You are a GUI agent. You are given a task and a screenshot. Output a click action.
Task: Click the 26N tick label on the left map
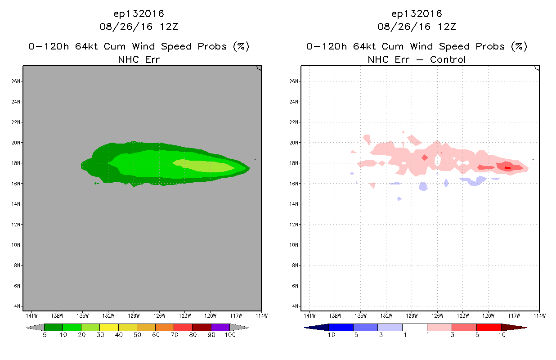[x=16, y=81]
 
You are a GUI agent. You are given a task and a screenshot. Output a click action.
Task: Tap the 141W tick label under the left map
[x=32, y=316]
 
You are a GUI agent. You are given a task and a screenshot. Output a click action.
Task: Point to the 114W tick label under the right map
[x=540, y=316]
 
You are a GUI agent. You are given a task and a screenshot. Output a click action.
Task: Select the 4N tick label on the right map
[x=295, y=306]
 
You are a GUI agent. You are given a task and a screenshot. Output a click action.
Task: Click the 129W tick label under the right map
[x=412, y=316]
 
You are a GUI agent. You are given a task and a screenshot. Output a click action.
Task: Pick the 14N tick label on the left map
[x=16, y=204]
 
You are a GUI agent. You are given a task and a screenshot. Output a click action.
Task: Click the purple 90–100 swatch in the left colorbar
[x=220, y=327]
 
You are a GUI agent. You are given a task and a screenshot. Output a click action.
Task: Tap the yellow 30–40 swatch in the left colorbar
[x=109, y=327]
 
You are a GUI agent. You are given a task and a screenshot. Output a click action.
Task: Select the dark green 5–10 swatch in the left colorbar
[x=54, y=327]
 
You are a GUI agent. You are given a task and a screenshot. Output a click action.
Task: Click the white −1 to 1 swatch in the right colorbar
[x=415, y=327]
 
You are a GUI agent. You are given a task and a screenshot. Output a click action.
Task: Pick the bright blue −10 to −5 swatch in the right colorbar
[x=341, y=327]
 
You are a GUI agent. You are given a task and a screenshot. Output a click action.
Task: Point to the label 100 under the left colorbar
[x=230, y=335]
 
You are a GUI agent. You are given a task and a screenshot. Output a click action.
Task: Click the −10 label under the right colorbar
[x=329, y=335]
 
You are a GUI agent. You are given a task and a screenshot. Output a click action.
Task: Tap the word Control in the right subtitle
[x=448, y=59]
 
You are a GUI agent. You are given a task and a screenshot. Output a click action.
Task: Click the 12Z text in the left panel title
[x=169, y=27]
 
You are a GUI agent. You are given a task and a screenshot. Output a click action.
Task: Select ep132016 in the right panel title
[x=417, y=14]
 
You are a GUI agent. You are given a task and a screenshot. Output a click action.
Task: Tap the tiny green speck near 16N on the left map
[x=97, y=184]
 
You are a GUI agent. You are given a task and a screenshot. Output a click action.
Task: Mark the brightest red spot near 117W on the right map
[x=507, y=168]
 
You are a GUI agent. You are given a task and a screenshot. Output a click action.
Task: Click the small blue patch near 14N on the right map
[x=399, y=199]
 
